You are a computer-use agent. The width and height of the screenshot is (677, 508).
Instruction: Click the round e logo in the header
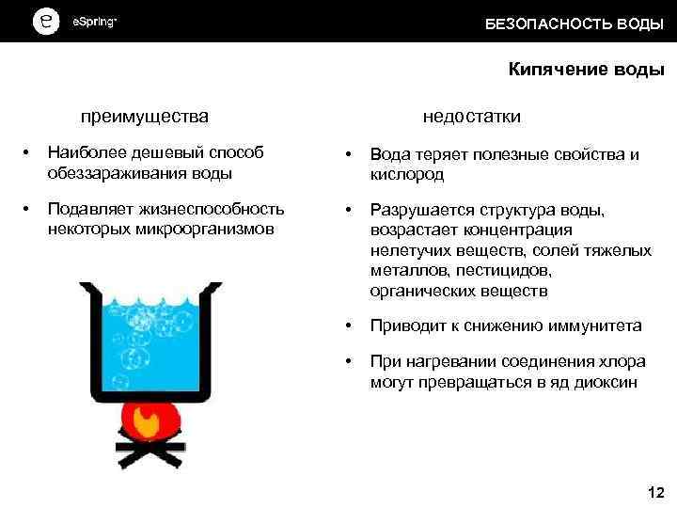(45, 22)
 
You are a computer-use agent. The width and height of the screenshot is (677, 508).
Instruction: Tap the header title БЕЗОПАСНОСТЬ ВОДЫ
(574, 24)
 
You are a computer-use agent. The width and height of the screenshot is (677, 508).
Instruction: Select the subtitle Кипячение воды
(586, 70)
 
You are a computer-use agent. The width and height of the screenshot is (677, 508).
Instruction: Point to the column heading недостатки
(471, 117)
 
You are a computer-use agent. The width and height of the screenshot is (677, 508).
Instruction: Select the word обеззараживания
(108, 172)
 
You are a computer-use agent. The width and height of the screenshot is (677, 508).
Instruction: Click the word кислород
(406, 174)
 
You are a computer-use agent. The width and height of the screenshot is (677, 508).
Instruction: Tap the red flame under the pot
(151, 420)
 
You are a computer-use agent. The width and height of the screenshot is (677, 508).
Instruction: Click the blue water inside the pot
(150, 339)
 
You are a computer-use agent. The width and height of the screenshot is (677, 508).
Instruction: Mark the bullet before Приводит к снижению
(349, 326)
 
